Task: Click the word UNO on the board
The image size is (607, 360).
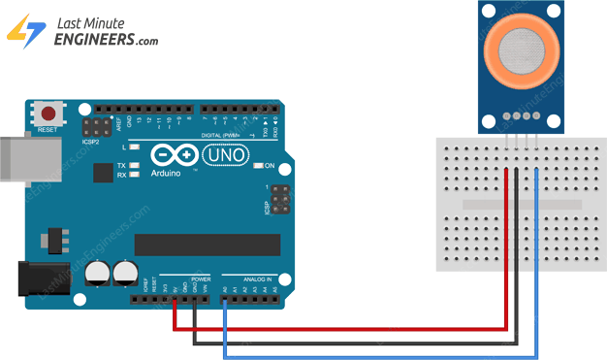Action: pos(229,155)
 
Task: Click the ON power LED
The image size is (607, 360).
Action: pos(257,166)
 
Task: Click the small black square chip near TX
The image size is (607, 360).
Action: pos(103,173)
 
